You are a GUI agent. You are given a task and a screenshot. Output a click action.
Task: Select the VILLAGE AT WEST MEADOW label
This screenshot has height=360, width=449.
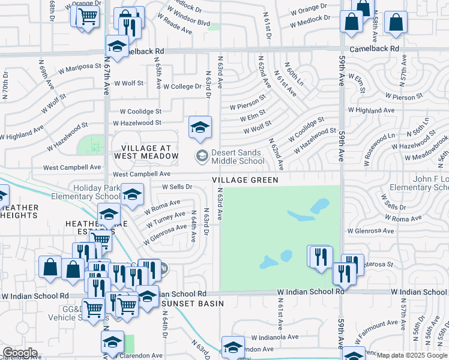tap(149, 152)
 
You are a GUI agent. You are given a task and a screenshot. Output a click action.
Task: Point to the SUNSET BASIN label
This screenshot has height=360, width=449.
tap(193, 304)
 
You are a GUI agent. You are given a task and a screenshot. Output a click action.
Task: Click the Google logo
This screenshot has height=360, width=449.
tap(20, 353)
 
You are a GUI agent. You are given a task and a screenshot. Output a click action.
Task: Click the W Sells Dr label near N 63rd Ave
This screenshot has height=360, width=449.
tap(176, 187)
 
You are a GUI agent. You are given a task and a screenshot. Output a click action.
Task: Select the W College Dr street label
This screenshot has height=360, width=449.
tap(182, 86)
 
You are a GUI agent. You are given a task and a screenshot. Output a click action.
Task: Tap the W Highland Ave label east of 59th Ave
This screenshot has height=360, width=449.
tap(375, 110)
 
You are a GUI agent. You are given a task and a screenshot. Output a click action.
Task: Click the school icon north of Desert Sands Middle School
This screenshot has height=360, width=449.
tap(200, 127)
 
